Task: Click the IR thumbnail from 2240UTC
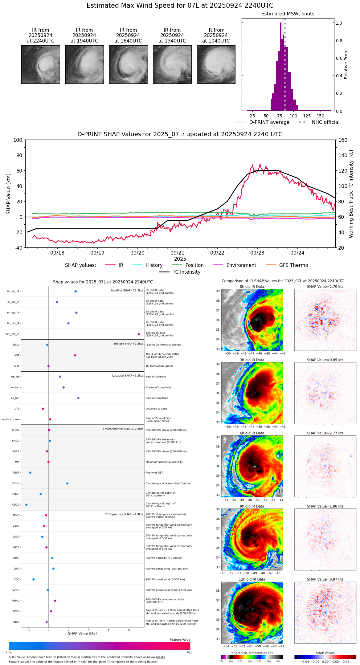point(40,64)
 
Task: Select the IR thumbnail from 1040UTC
point(216,64)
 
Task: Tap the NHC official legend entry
point(325,122)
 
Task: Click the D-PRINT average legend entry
point(269,122)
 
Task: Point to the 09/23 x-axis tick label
point(257,253)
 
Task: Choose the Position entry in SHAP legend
point(194,265)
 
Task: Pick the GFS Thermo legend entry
point(293,265)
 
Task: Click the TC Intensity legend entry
point(186,272)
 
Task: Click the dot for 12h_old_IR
point(139,334)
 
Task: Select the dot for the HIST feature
point(75,355)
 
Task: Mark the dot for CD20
point(27,505)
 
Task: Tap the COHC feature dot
point(67,483)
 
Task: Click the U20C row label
point(16,579)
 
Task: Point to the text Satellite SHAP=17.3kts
point(127,291)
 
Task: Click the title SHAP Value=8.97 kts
point(325,579)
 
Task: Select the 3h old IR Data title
point(252,360)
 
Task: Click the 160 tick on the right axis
point(343,140)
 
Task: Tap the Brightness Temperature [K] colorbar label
point(252,653)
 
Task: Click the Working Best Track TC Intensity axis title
point(351,194)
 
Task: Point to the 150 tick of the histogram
point(321,116)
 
